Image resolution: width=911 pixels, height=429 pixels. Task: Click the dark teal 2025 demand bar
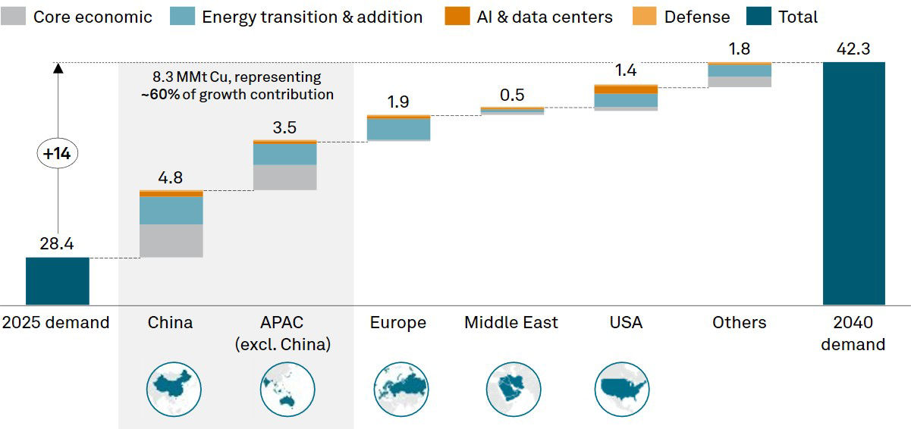click(58, 280)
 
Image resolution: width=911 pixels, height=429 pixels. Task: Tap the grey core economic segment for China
click(171, 241)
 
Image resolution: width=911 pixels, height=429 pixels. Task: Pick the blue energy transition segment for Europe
click(399, 129)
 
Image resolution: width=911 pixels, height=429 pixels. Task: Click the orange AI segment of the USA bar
click(626, 89)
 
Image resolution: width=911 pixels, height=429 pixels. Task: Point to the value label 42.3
click(853, 49)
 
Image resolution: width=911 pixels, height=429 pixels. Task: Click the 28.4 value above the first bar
click(58, 244)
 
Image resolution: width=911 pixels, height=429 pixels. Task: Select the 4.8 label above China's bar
click(171, 177)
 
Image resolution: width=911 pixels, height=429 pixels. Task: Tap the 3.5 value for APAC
click(284, 127)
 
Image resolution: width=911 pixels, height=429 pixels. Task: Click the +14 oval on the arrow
click(58, 153)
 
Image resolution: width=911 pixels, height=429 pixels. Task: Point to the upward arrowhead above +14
click(58, 68)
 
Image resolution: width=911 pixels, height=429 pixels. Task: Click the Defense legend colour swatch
click(644, 17)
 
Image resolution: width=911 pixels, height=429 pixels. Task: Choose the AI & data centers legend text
click(545, 17)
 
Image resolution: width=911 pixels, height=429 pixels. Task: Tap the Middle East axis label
click(511, 323)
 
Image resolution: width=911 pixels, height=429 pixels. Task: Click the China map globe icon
click(174, 389)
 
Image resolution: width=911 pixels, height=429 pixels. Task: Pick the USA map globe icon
click(622, 389)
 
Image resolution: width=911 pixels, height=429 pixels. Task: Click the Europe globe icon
click(401, 389)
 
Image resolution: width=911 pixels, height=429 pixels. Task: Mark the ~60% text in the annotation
click(157, 95)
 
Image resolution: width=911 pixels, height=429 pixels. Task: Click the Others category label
click(740, 323)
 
